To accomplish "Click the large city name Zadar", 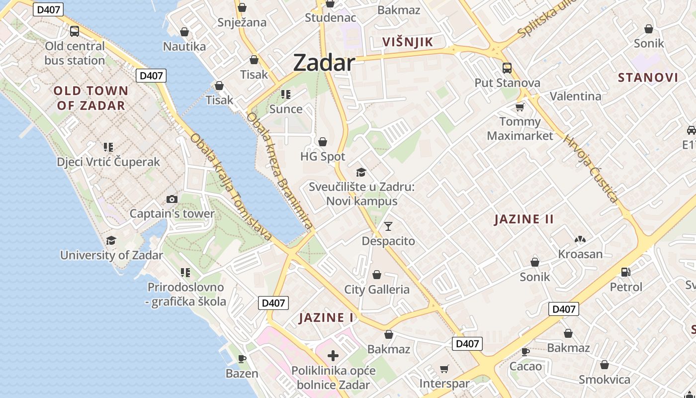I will click(x=324, y=63).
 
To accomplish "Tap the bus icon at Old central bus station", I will click(x=75, y=31).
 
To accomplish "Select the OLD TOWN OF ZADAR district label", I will click(x=91, y=98).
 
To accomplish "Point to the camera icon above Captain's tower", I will click(x=172, y=199).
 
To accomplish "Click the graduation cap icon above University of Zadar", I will click(x=111, y=240).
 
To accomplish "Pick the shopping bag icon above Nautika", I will click(x=184, y=32).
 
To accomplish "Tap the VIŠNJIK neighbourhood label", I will click(x=408, y=42).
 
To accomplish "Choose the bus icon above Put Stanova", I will click(x=507, y=68).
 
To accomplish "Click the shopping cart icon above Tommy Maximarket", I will click(x=520, y=107).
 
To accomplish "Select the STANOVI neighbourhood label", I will click(x=648, y=78).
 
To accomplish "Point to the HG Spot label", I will click(x=323, y=157).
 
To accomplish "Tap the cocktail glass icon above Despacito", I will click(x=388, y=227).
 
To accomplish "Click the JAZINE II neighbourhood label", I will click(x=524, y=219).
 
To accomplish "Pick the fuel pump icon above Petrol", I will click(x=626, y=272).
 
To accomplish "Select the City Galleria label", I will click(x=377, y=290).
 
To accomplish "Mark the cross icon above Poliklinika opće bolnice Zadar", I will click(x=333, y=356).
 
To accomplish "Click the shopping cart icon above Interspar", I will click(x=444, y=369).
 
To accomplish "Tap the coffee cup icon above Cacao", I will click(x=525, y=352).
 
